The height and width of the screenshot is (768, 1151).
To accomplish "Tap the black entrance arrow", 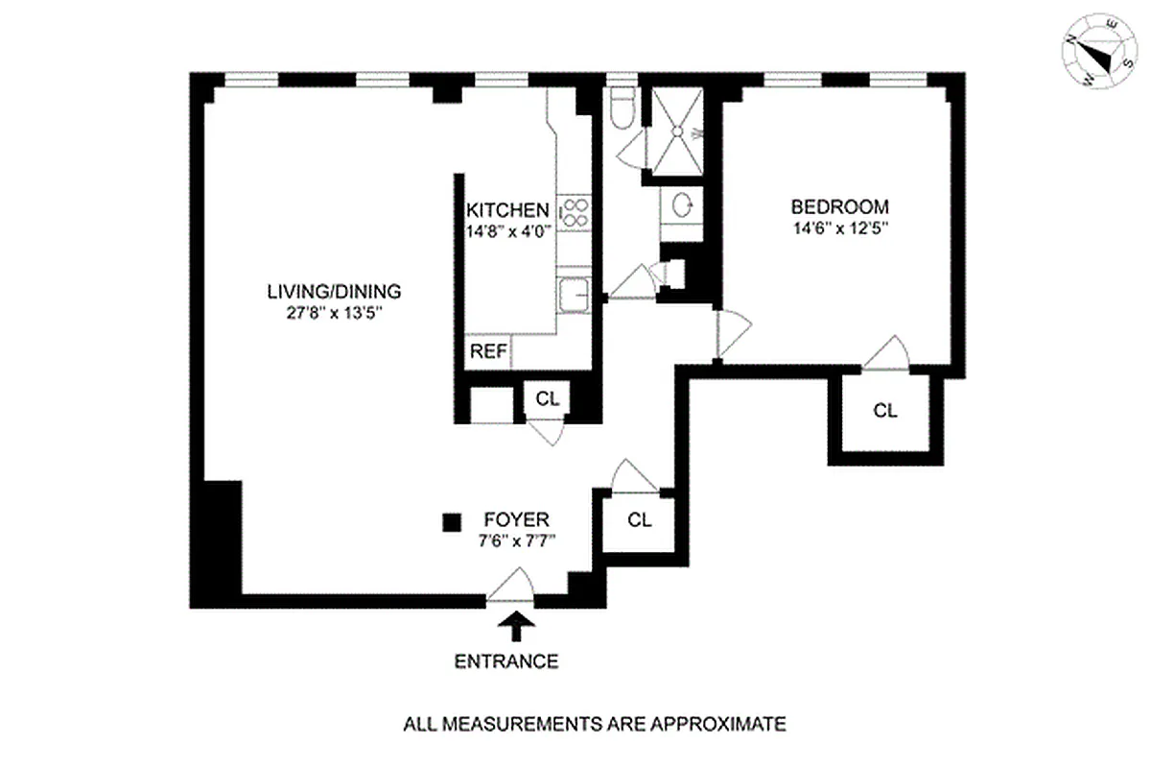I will (517, 627).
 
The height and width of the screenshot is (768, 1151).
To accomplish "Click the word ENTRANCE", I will (505, 661).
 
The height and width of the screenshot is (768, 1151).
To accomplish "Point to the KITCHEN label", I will (507, 210).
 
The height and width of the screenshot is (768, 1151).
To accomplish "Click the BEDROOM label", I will (839, 206).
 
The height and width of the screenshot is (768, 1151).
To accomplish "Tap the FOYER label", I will (517, 520).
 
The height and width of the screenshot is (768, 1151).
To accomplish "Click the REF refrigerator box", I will (487, 351).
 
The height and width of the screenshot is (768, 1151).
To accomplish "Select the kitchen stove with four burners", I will (575, 212).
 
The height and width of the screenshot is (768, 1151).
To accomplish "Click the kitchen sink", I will (575, 295).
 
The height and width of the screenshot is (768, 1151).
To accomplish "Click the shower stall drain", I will (677, 133).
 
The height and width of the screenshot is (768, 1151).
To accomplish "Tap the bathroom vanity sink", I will (682, 204).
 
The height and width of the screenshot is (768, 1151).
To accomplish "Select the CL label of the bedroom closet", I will (885, 411).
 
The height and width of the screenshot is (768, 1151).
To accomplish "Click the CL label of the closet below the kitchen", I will (547, 399).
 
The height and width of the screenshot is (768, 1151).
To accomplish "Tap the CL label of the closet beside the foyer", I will (640, 520).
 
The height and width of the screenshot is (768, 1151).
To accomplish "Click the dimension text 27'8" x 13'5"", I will (333, 312).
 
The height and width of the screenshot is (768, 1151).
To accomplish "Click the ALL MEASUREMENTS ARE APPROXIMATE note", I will (595, 723).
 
